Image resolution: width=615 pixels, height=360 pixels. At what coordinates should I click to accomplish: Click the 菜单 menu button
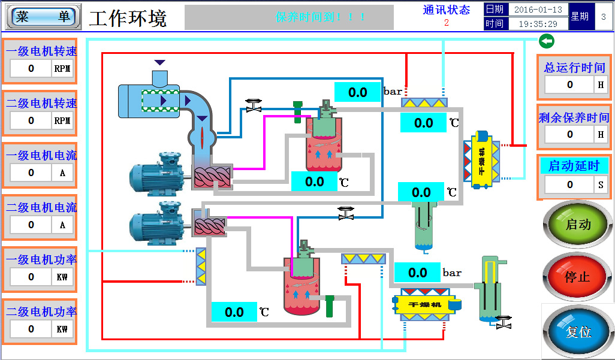(43, 17)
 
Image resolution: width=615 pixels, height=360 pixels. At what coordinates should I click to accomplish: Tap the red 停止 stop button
(578, 277)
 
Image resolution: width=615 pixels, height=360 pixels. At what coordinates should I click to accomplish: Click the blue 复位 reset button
(578, 331)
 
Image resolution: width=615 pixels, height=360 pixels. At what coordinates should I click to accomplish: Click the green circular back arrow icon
(546, 41)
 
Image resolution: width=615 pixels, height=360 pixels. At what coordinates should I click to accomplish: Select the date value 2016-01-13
(538, 10)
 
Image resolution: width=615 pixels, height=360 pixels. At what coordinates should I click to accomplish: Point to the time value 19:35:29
(538, 24)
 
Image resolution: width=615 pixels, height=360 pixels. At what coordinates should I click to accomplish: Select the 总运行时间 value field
(569, 84)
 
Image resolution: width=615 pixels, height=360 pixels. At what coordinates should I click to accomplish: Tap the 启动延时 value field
(569, 184)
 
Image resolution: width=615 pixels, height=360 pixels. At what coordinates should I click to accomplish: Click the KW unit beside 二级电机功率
(62, 329)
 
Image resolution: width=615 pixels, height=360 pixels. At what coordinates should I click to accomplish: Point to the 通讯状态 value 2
(447, 23)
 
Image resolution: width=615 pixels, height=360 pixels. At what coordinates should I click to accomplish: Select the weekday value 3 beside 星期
(603, 17)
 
